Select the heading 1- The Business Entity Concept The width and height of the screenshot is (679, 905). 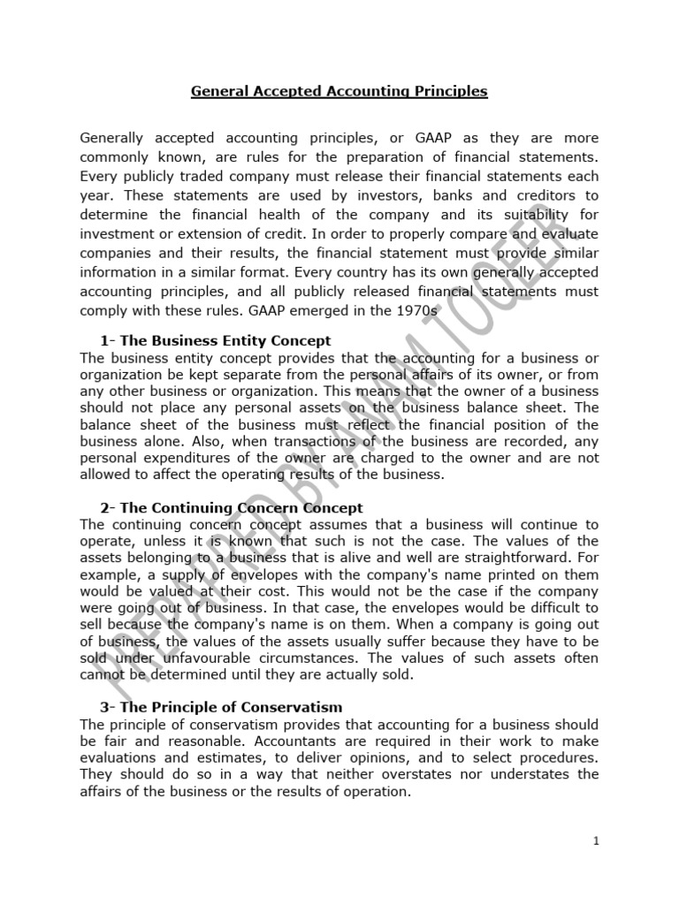216,340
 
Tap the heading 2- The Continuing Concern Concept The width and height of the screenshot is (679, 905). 232,507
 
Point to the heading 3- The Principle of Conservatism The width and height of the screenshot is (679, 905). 221,707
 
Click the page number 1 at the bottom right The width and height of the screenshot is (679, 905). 596,840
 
